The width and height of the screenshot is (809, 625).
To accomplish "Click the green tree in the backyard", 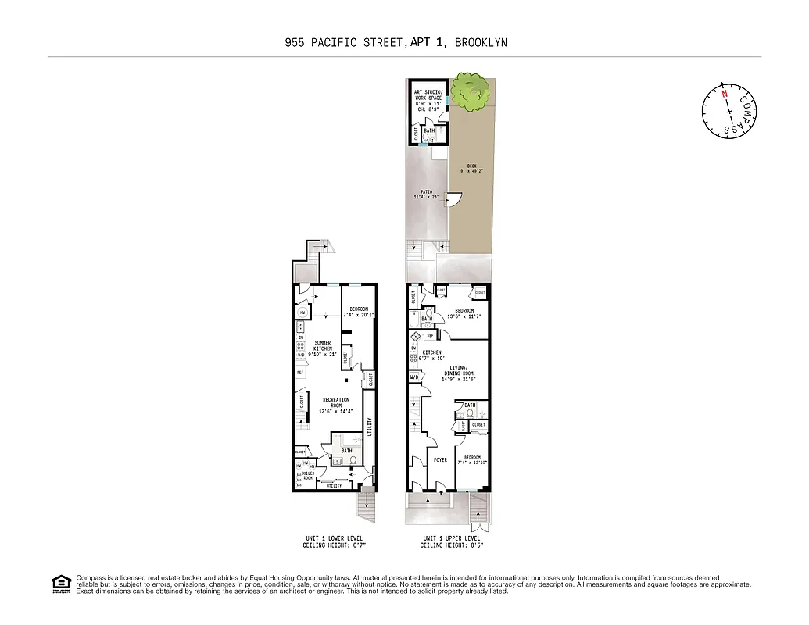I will tap(471, 91).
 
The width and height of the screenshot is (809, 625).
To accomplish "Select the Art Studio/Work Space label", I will tap(428, 102).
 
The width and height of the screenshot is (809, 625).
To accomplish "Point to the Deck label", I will tap(471, 167).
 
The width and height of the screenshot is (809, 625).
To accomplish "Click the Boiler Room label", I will tap(307, 475).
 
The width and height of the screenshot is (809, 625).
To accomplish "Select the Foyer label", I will tap(440, 460).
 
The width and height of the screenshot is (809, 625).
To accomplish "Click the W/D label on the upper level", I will tap(413, 378).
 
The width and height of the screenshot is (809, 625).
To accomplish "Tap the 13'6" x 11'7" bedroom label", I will tap(464, 313).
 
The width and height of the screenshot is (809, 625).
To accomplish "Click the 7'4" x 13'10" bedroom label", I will tap(472, 460).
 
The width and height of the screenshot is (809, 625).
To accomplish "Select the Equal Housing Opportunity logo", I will tap(60, 583).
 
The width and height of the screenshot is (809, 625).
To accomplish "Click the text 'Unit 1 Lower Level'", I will tap(335, 538).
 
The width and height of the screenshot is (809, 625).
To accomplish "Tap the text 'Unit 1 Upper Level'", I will tap(452, 538).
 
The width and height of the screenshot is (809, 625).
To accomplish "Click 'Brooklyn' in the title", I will tap(481, 42).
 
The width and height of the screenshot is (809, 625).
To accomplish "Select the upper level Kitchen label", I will tap(431, 355).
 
